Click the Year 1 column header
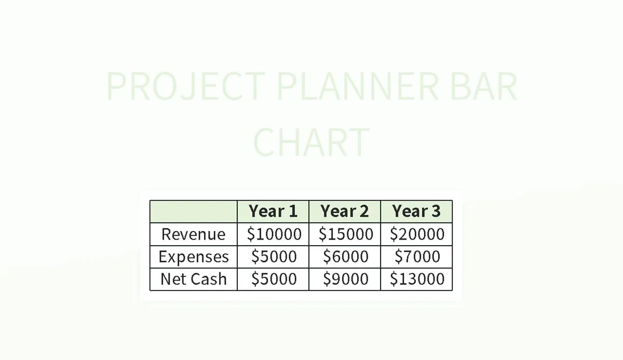coord(273,211)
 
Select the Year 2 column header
coord(345,211)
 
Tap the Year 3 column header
coord(416,211)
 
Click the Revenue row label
coord(194,234)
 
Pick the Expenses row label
coord(194,257)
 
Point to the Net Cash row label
coord(194,279)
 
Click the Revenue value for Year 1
coord(274,234)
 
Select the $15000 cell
coord(345,234)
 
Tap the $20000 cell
coord(417,234)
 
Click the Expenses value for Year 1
coord(274,257)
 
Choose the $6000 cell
coord(345,257)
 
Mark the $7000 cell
coord(417,257)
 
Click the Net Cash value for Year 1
coord(274,279)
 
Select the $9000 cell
coord(345,279)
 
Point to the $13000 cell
coord(417,279)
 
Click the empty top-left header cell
coord(194,211)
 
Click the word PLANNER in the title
coord(358,87)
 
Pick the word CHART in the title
coord(311,141)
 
